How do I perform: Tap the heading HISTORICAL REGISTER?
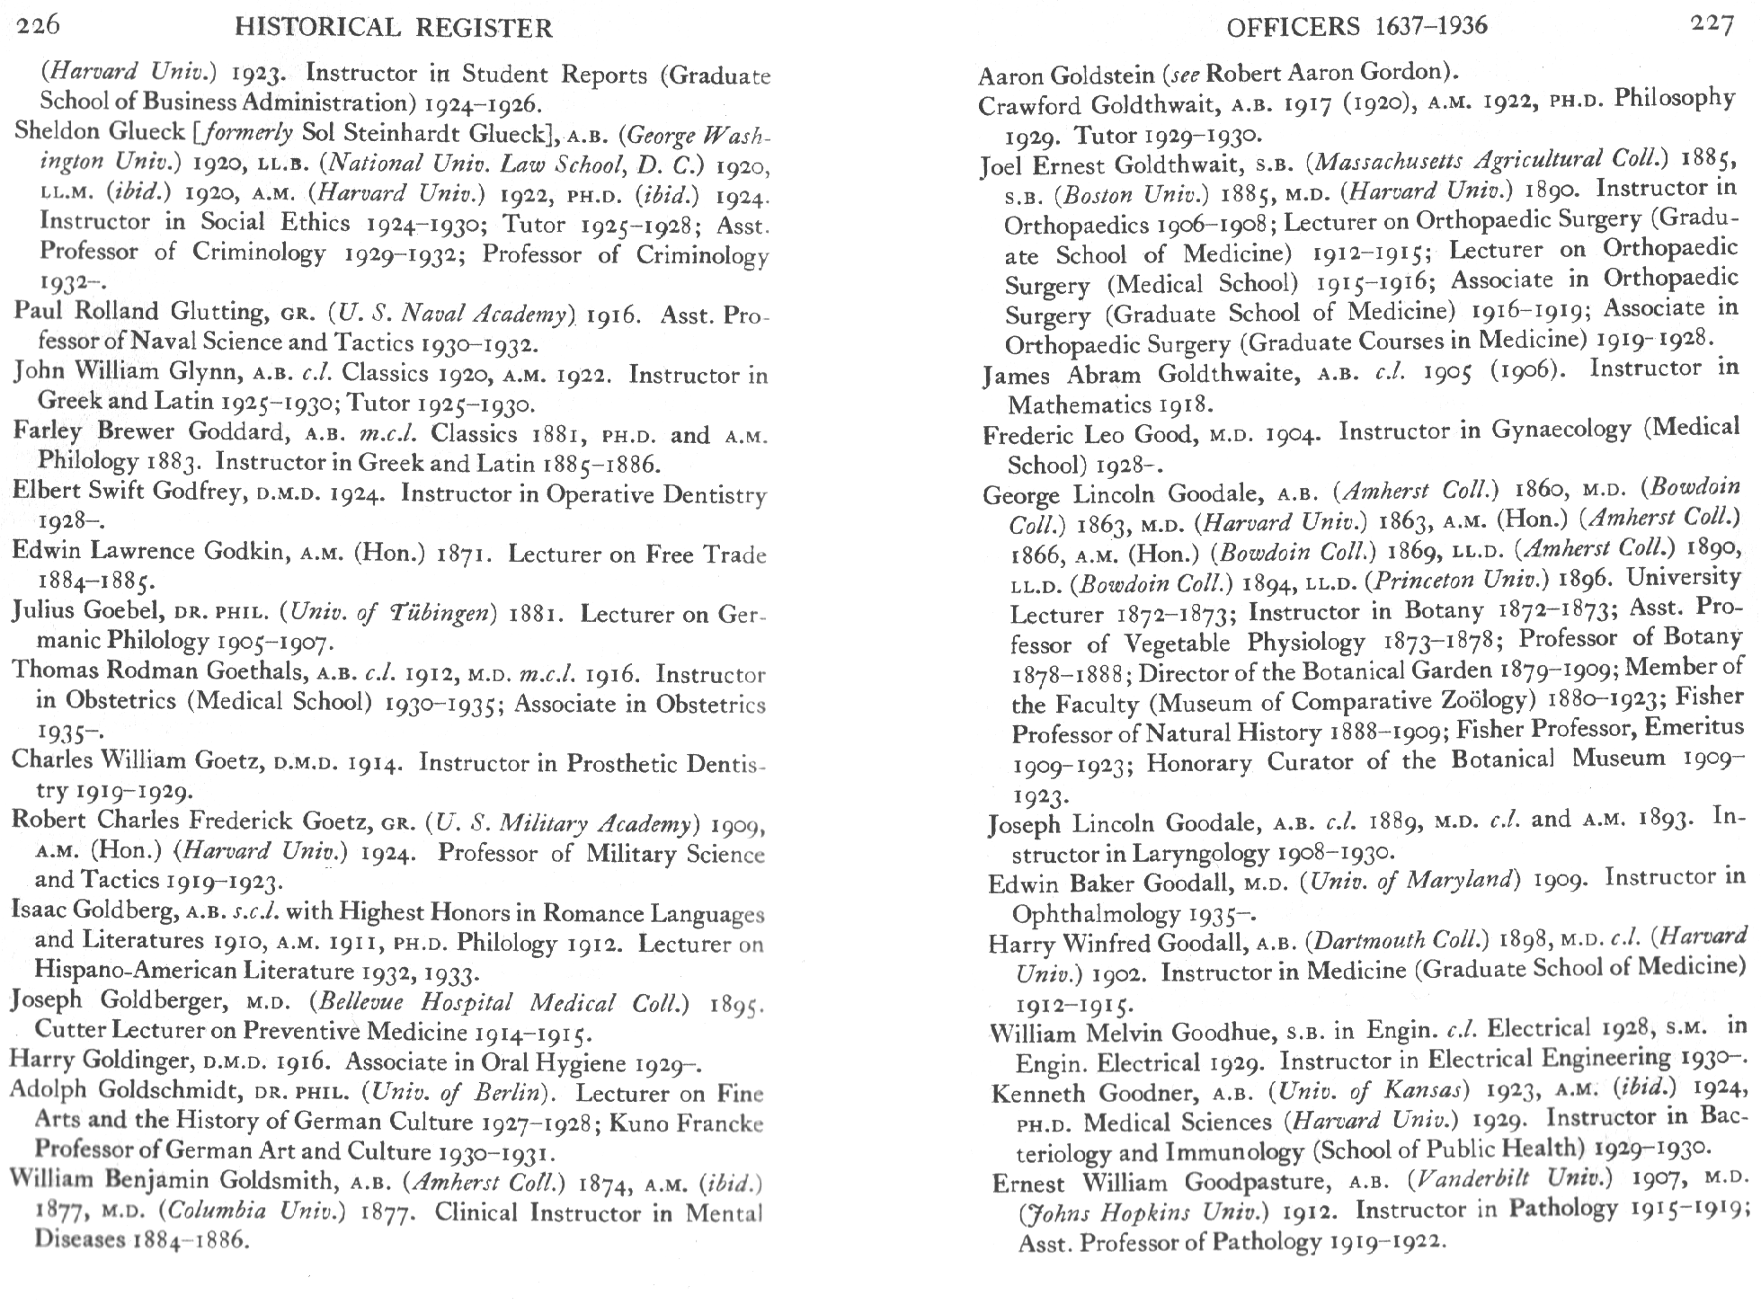coord(393,29)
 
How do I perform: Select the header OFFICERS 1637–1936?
coord(1356,26)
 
